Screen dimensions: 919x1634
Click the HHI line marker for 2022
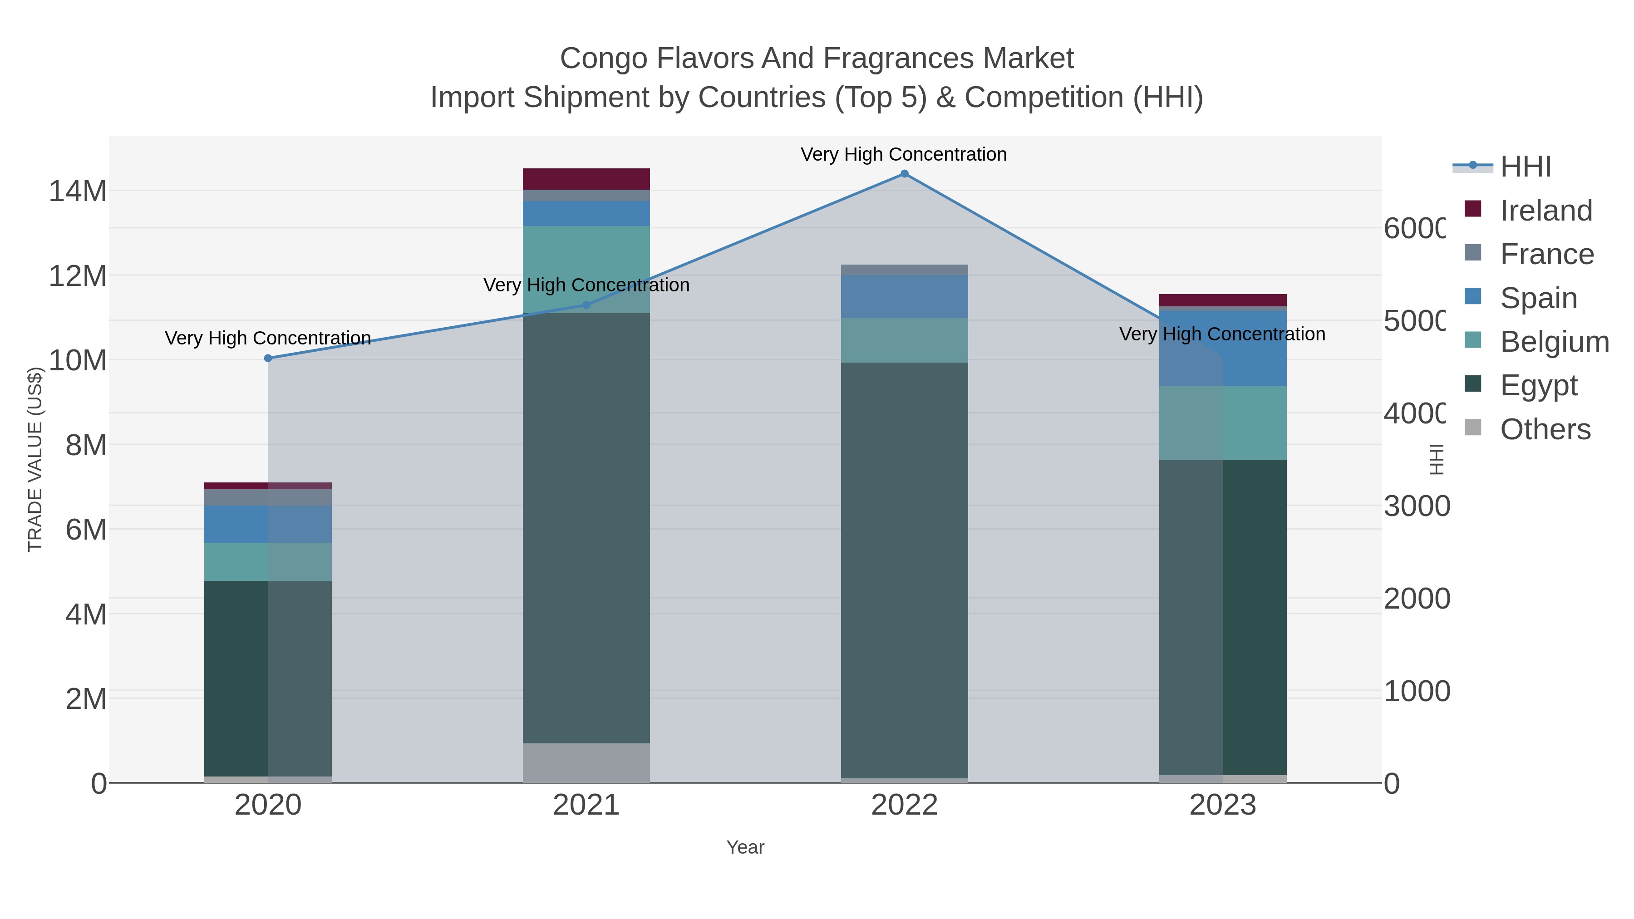coord(904,174)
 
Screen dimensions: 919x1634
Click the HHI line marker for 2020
coord(268,359)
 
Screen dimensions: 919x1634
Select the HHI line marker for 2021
coord(586,305)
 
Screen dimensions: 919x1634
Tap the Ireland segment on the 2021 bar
coord(586,179)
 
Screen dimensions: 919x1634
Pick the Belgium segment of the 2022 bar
coord(904,340)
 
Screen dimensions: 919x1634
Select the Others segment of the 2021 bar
coord(586,762)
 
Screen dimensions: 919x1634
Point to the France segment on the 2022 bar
coord(904,270)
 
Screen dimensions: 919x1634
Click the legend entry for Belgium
coord(1554,342)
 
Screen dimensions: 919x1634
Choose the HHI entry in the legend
coord(1526,167)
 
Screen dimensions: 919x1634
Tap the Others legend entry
coord(1545,429)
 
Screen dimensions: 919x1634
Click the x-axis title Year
coord(745,847)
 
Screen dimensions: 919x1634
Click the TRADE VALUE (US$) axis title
coord(35,459)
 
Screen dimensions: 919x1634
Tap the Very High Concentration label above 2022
coord(903,154)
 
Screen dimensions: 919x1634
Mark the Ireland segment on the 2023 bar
coord(1222,300)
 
